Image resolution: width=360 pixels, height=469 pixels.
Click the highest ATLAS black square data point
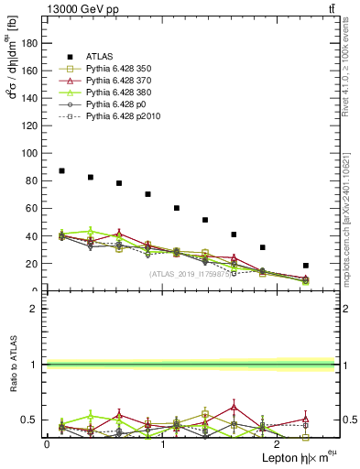[61, 171]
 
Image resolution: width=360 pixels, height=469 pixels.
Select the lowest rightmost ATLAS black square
[305, 266]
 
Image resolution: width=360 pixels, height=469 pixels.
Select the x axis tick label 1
[162, 444]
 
